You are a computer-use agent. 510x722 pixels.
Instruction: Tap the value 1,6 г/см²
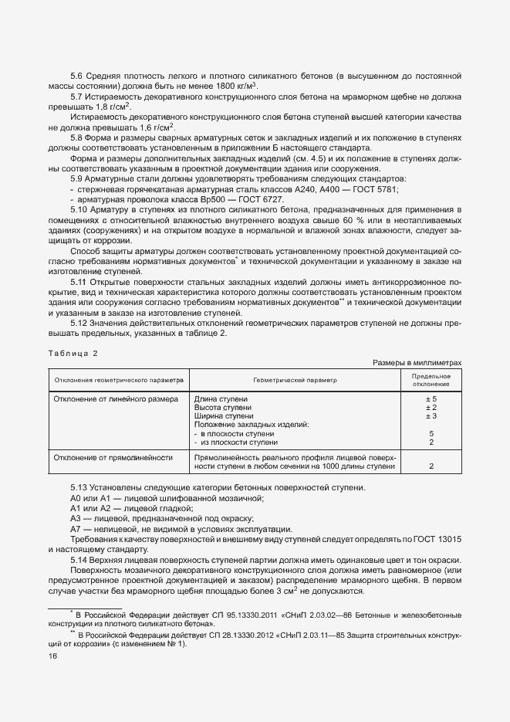(156, 127)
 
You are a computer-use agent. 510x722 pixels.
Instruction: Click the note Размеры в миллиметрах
(417, 362)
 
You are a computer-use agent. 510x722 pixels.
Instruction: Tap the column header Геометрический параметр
(294, 380)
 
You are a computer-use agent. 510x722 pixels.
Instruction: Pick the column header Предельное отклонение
(431, 380)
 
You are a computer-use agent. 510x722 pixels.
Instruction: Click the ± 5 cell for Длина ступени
(431, 398)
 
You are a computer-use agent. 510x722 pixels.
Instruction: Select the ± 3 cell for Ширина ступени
(431, 416)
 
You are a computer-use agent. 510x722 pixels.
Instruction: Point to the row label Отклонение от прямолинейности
(113, 457)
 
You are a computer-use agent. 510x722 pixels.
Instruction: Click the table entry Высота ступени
(222, 407)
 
